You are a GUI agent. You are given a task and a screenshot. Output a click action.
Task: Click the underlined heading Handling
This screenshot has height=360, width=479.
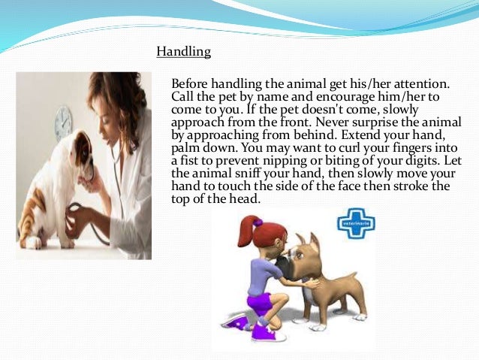coord(183,52)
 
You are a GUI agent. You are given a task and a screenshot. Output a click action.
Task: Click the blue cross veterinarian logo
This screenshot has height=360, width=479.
coord(357,223)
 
